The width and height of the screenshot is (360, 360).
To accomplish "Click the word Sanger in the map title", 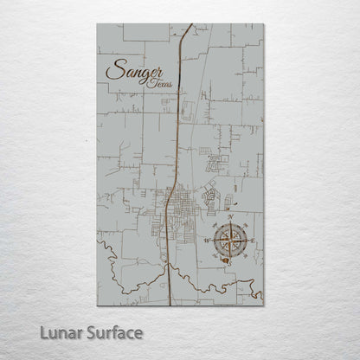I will [x=134, y=71].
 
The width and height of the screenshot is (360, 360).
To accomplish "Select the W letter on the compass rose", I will [x=210, y=240].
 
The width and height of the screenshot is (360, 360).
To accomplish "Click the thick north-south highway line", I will [x=177, y=130].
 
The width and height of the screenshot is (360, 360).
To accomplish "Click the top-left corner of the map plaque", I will [x=98, y=24].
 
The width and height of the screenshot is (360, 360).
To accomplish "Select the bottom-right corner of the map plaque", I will [x=262, y=305].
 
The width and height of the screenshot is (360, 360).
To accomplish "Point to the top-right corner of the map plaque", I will [x=262, y=24].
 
